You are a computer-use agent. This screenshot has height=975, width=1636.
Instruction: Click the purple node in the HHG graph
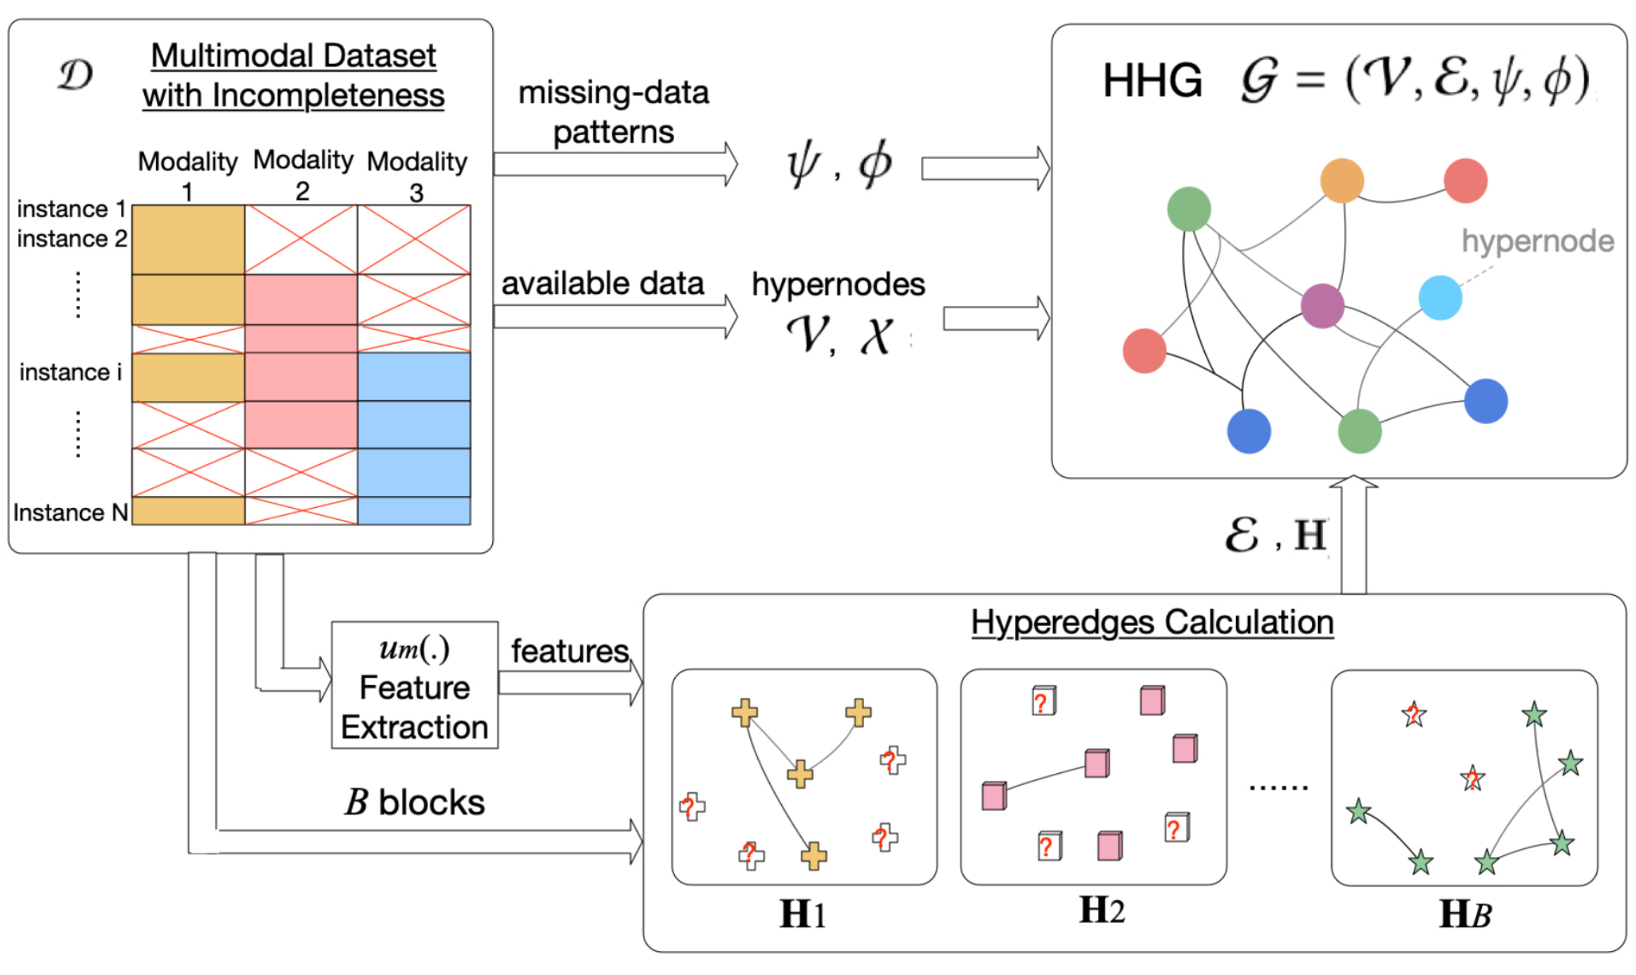coord(1322,306)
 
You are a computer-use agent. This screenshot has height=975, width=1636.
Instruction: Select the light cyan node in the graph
coord(1440,298)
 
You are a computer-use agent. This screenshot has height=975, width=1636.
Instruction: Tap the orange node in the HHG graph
coord(1341,181)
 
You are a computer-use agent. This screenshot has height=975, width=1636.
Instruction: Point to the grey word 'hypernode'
coord(1538,241)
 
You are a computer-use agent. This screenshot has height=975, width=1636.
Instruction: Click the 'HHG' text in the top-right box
coord(1152,80)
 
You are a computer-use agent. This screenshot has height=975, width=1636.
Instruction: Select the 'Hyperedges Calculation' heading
coord(1152,623)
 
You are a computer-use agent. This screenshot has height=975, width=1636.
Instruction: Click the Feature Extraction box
coord(415,685)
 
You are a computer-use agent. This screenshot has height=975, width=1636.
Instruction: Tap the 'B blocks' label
coord(415,802)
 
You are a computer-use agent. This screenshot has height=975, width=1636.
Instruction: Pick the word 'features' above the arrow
coord(569,651)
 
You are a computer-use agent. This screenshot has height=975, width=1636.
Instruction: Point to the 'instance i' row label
coord(70,372)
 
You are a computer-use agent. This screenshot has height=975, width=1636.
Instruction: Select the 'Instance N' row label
coord(70,513)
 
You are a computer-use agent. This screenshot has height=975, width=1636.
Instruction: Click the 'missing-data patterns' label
coord(613,112)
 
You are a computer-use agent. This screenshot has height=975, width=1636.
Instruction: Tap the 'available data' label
coord(603,283)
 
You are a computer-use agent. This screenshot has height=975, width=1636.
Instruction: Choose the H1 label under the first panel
coord(802,915)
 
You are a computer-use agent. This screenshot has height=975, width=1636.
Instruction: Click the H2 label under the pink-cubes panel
coord(1102,910)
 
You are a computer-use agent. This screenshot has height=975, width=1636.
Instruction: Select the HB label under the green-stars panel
coord(1464,915)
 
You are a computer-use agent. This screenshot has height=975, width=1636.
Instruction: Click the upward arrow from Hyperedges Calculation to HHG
coord(1353,535)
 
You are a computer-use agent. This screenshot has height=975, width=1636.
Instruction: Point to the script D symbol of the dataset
coord(75,75)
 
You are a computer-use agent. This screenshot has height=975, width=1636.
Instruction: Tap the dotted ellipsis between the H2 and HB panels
coord(1278,787)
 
